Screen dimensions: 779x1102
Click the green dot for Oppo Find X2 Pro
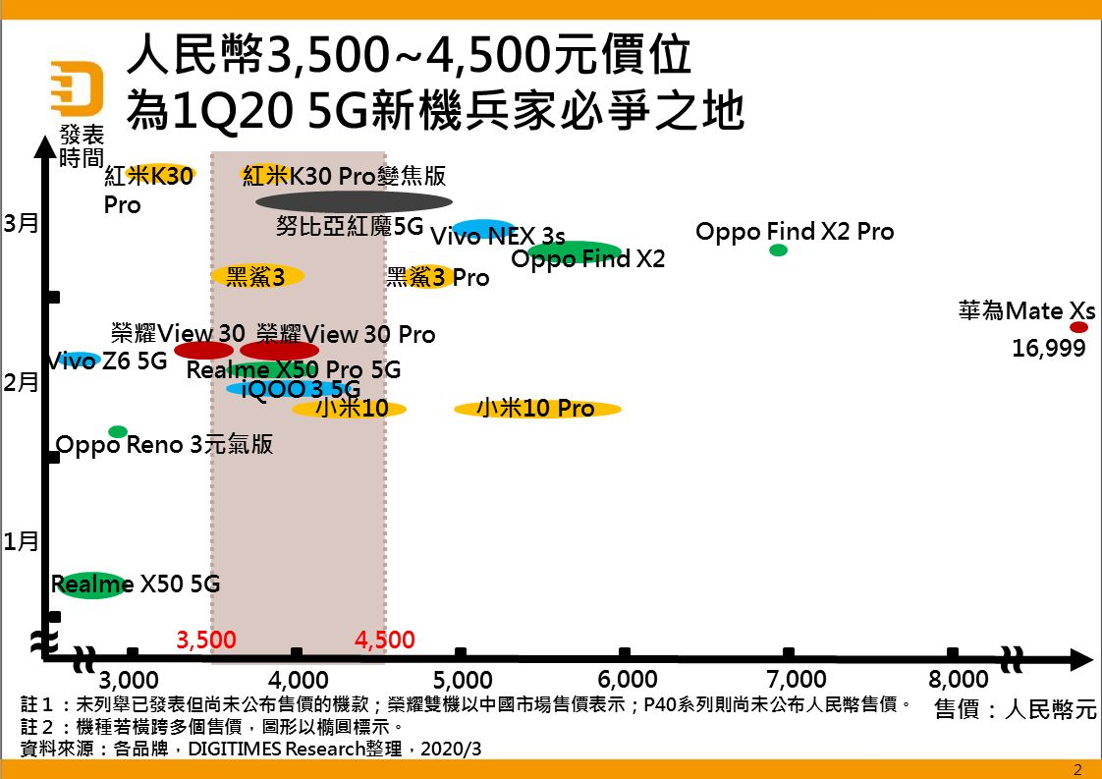pyautogui.click(x=778, y=250)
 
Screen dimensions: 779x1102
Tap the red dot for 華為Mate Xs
pyautogui.click(x=1078, y=327)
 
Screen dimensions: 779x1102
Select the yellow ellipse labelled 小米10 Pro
pyautogui.click(x=537, y=409)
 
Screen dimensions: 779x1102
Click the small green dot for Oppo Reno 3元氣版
pyautogui.click(x=118, y=431)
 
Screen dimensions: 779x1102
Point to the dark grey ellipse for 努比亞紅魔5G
pyautogui.click(x=354, y=202)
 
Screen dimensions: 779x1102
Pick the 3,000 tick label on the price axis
pyautogui.click(x=129, y=680)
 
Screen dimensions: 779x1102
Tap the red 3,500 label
pyautogui.click(x=206, y=640)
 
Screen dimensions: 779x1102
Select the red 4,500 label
pyautogui.click(x=385, y=640)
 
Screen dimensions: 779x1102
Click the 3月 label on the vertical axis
pyautogui.click(x=21, y=223)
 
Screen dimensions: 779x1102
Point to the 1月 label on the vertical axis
pyautogui.click(x=21, y=541)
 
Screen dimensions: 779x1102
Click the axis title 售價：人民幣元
pyautogui.click(x=1015, y=709)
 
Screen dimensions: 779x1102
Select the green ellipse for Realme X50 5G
pyautogui.click(x=90, y=585)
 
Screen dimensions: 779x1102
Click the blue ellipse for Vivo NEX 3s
pyautogui.click(x=483, y=229)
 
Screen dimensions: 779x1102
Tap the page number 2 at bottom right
pyautogui.click(x=1077, y=769)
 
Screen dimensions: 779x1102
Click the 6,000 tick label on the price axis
pyautogui.click(x=627, y=680)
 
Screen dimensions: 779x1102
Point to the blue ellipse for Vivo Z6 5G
pyautogui.click(x=79, y=360)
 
